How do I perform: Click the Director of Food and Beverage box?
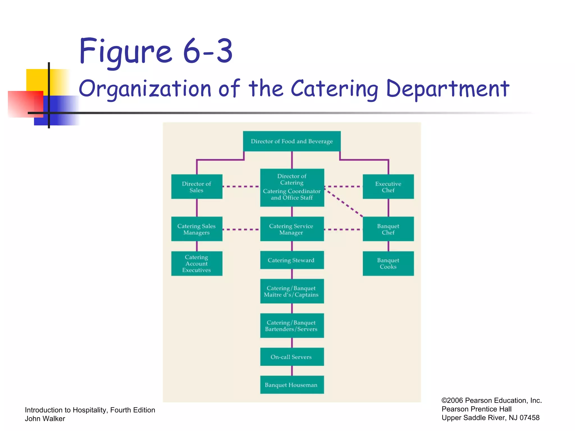[x=292, y=141]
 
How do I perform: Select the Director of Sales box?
[x=197, y=187]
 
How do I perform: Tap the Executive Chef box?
[x=388, y=187]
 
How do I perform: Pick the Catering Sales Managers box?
[x=197, y=229]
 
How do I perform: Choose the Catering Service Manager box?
[x=292, y=229]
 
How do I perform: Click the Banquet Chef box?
[x=388, y=229]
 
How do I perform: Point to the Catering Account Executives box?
[x=197, y=263]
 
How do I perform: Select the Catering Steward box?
[x=292, y=260]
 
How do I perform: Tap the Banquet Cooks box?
[x=388, y=263]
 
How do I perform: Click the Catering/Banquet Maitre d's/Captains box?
[x=292, y=291]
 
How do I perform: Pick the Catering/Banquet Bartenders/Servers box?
[x=292, y=325]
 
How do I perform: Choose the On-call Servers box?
[x=292, y=357]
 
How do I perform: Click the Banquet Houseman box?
[x=292, y=385]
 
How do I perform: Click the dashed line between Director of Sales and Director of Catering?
[x=241, y=186]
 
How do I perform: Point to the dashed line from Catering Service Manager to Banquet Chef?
[x=343, y=230]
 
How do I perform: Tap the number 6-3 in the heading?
[x=208, y=52]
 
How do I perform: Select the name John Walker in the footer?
[x=45, y=419]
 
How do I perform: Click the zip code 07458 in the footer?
[x=529, y=418]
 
